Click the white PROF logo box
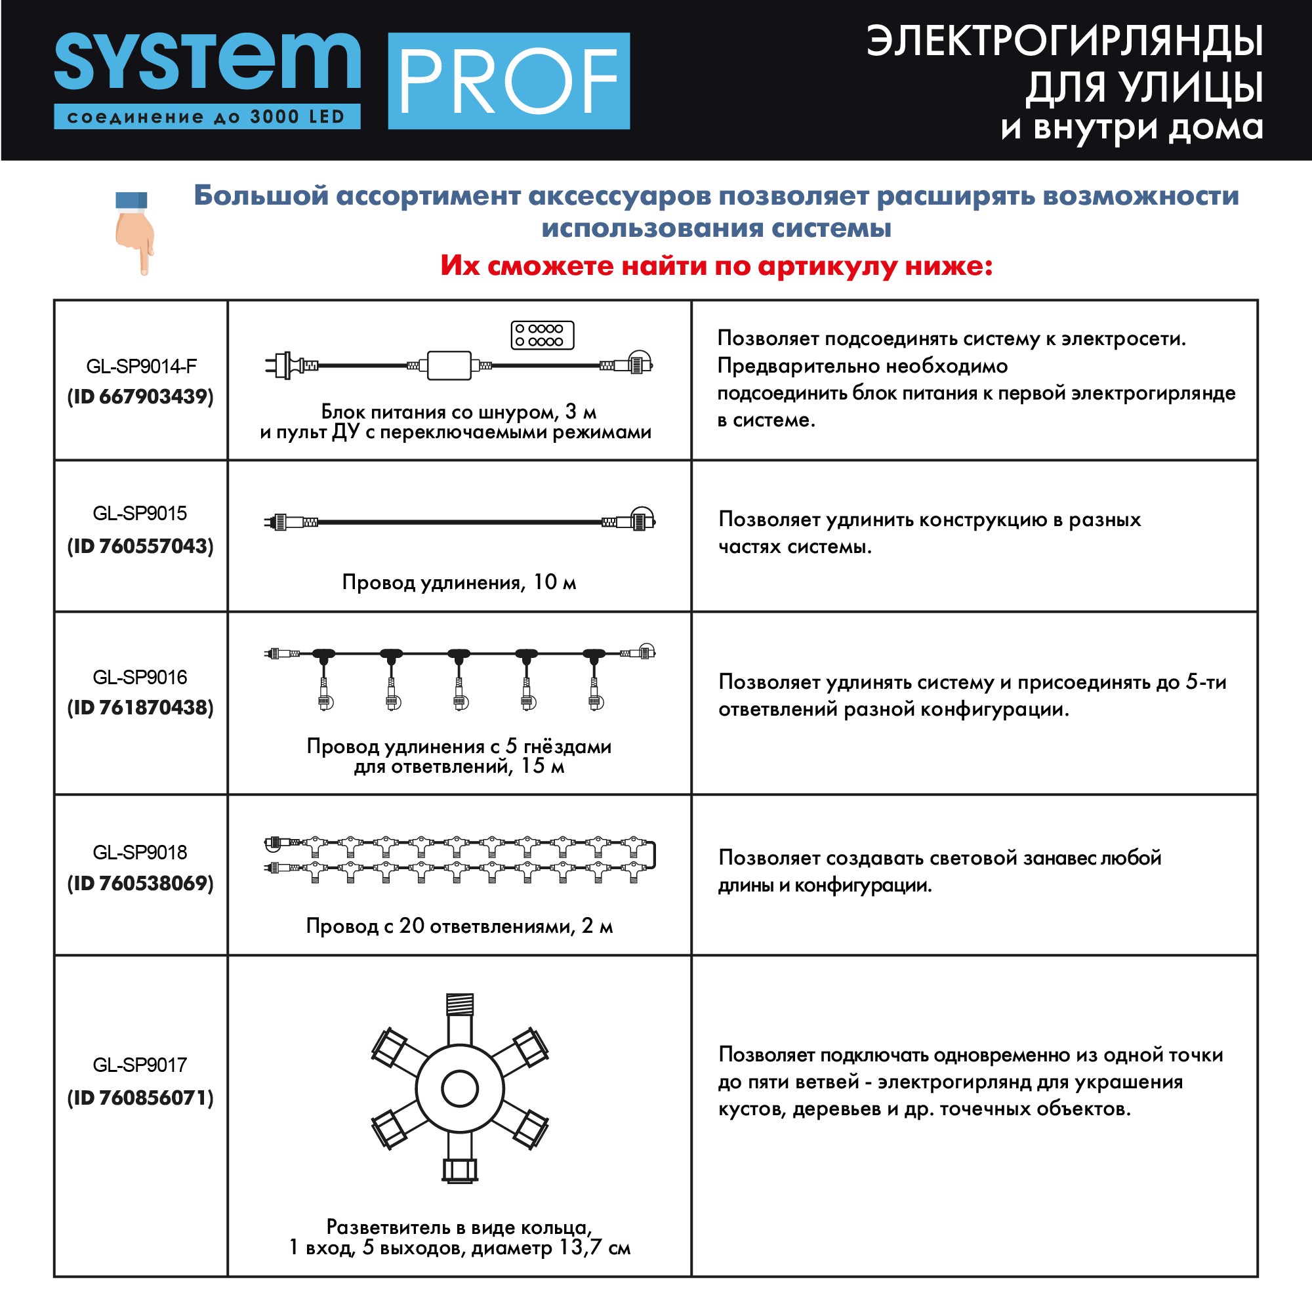tap(508, 81)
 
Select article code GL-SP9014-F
tap(141, 367)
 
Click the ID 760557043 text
tap(140, 546)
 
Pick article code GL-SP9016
tap(140, 677)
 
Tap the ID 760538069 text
tap(140, 883)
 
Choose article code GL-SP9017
tap(140, 1065)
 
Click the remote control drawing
tap(542, 335)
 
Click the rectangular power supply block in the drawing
tap(449, 365)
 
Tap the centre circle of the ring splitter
tap(460, 1089)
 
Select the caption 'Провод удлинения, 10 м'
tap(459, 582)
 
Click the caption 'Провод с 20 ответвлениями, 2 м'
tap(459, 926)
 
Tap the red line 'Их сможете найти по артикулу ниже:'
tap(716, 266)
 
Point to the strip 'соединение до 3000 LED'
tap(207, 117)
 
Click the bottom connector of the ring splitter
tap(460, 1170)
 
